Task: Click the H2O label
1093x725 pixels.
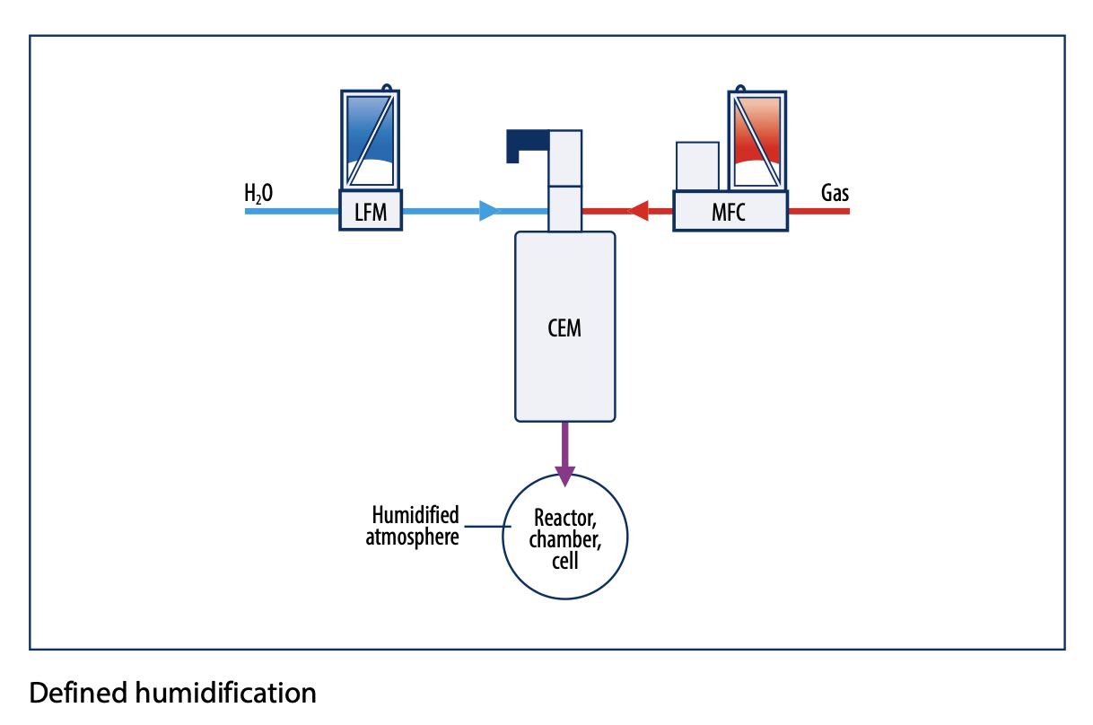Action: click(258, 193)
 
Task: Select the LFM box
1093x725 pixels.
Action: click(370, 212)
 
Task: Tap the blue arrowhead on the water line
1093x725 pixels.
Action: click(488, 212)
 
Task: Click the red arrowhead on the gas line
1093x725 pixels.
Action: click(637, 212)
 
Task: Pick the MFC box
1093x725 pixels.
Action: click(730, 213)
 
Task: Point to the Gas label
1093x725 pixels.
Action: click(835, 192)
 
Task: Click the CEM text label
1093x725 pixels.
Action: click(564, 328)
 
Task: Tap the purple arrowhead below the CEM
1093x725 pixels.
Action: click(564, 475)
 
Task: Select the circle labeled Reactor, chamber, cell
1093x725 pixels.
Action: click(564, 539)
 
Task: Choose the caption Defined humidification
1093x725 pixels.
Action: click(173, 693)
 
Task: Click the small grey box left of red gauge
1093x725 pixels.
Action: click(697, 165)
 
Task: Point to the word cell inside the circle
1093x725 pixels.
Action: click(564, 563)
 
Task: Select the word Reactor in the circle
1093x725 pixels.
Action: click(564, 518)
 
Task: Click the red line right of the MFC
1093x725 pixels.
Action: click(818, 212)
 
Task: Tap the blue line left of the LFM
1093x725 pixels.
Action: click(292, 212)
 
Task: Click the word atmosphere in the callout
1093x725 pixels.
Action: click(413, 537)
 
